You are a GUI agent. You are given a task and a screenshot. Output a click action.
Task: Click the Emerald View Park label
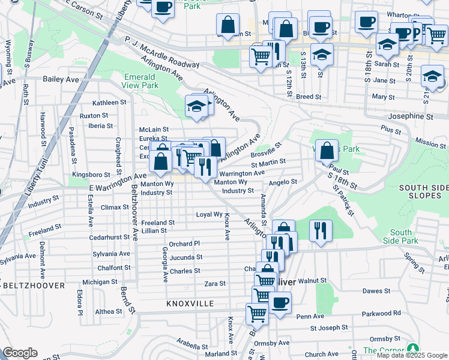click(x=139, y=81)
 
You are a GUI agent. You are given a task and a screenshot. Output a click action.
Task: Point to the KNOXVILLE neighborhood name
click(x=190, y=304)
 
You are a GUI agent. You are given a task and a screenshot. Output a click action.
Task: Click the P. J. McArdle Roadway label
click(x=161, y=53)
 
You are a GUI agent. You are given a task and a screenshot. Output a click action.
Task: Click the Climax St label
click(x=115, y=207)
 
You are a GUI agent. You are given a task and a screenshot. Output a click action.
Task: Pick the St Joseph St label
click(x=329, y=328)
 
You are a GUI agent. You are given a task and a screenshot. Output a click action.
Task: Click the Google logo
click(x=20, y=353)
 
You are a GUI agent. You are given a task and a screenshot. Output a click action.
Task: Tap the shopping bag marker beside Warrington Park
click(x=327, y=151)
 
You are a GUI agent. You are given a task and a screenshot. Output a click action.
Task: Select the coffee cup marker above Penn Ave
click(x=279, y=302)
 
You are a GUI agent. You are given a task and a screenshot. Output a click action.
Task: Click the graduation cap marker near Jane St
click(x=432, y=76)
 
